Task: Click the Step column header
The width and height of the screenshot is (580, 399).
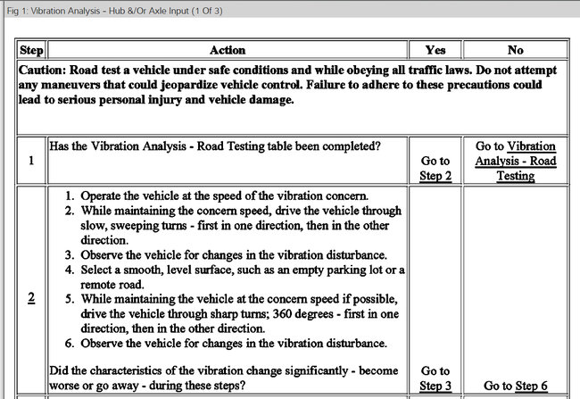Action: point(31,50)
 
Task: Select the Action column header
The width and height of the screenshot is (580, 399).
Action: point(227,50)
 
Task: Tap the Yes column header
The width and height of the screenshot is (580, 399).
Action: point(435,50)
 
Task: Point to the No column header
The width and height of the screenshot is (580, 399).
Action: point(515,50)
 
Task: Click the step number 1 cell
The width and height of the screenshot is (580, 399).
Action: point(31,161)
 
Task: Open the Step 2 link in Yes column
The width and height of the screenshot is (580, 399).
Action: point(435,176)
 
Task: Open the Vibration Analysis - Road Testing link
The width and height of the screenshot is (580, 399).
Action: point(515,161)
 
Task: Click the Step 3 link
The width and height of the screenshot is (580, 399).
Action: point(435,386)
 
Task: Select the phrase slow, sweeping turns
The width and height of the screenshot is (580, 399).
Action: point(128,226)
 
